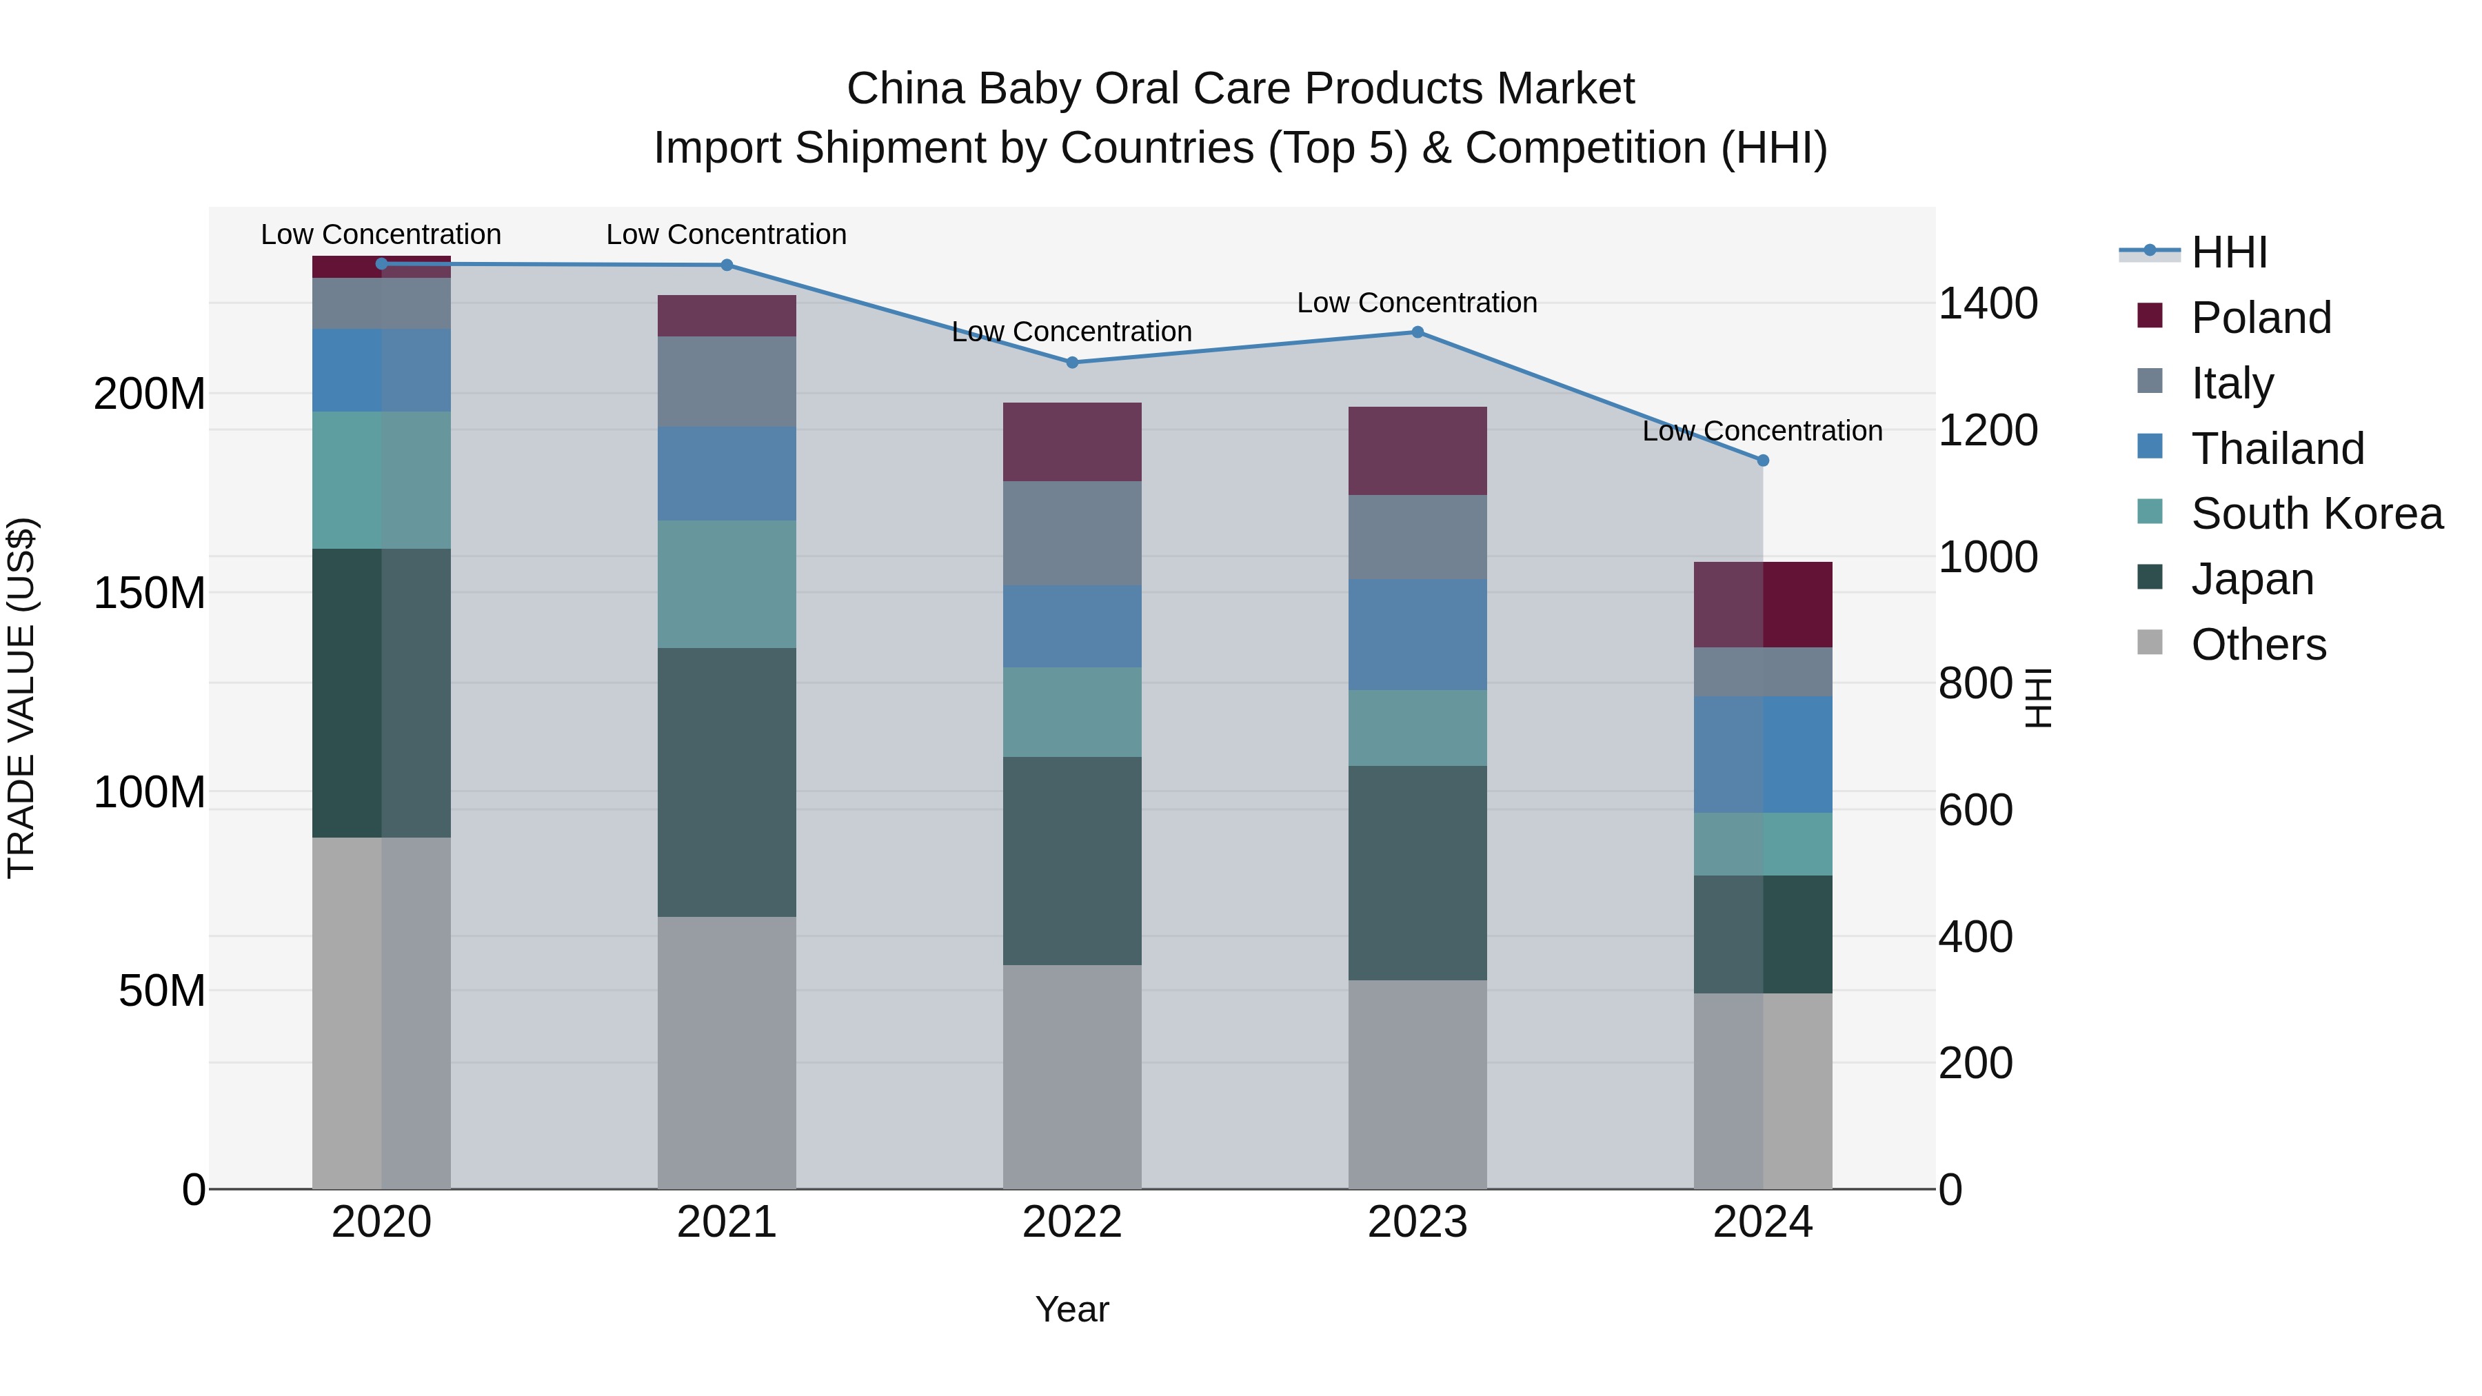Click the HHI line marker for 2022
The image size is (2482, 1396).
tap(1072, 362)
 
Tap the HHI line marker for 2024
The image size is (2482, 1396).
tap(1763, 461)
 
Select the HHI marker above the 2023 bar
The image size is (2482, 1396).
tap(1417, 332)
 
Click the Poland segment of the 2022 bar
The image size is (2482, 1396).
tap(1072, 441)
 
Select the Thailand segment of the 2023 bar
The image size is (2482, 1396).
tap(1417, 634)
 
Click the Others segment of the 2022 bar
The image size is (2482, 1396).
tap(1072, 1076)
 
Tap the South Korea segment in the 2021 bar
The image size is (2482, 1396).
tap(727, 584)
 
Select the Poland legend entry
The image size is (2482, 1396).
tap(2261, 318)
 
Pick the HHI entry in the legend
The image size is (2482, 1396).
tap(2228, 252)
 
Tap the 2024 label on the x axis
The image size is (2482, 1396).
tap(1762, 1222)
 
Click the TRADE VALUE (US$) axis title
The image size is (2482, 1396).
tap(21, 698)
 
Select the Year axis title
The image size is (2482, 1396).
tap(1071, 1309)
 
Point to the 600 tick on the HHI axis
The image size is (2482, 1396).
tap(1975, 810)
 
